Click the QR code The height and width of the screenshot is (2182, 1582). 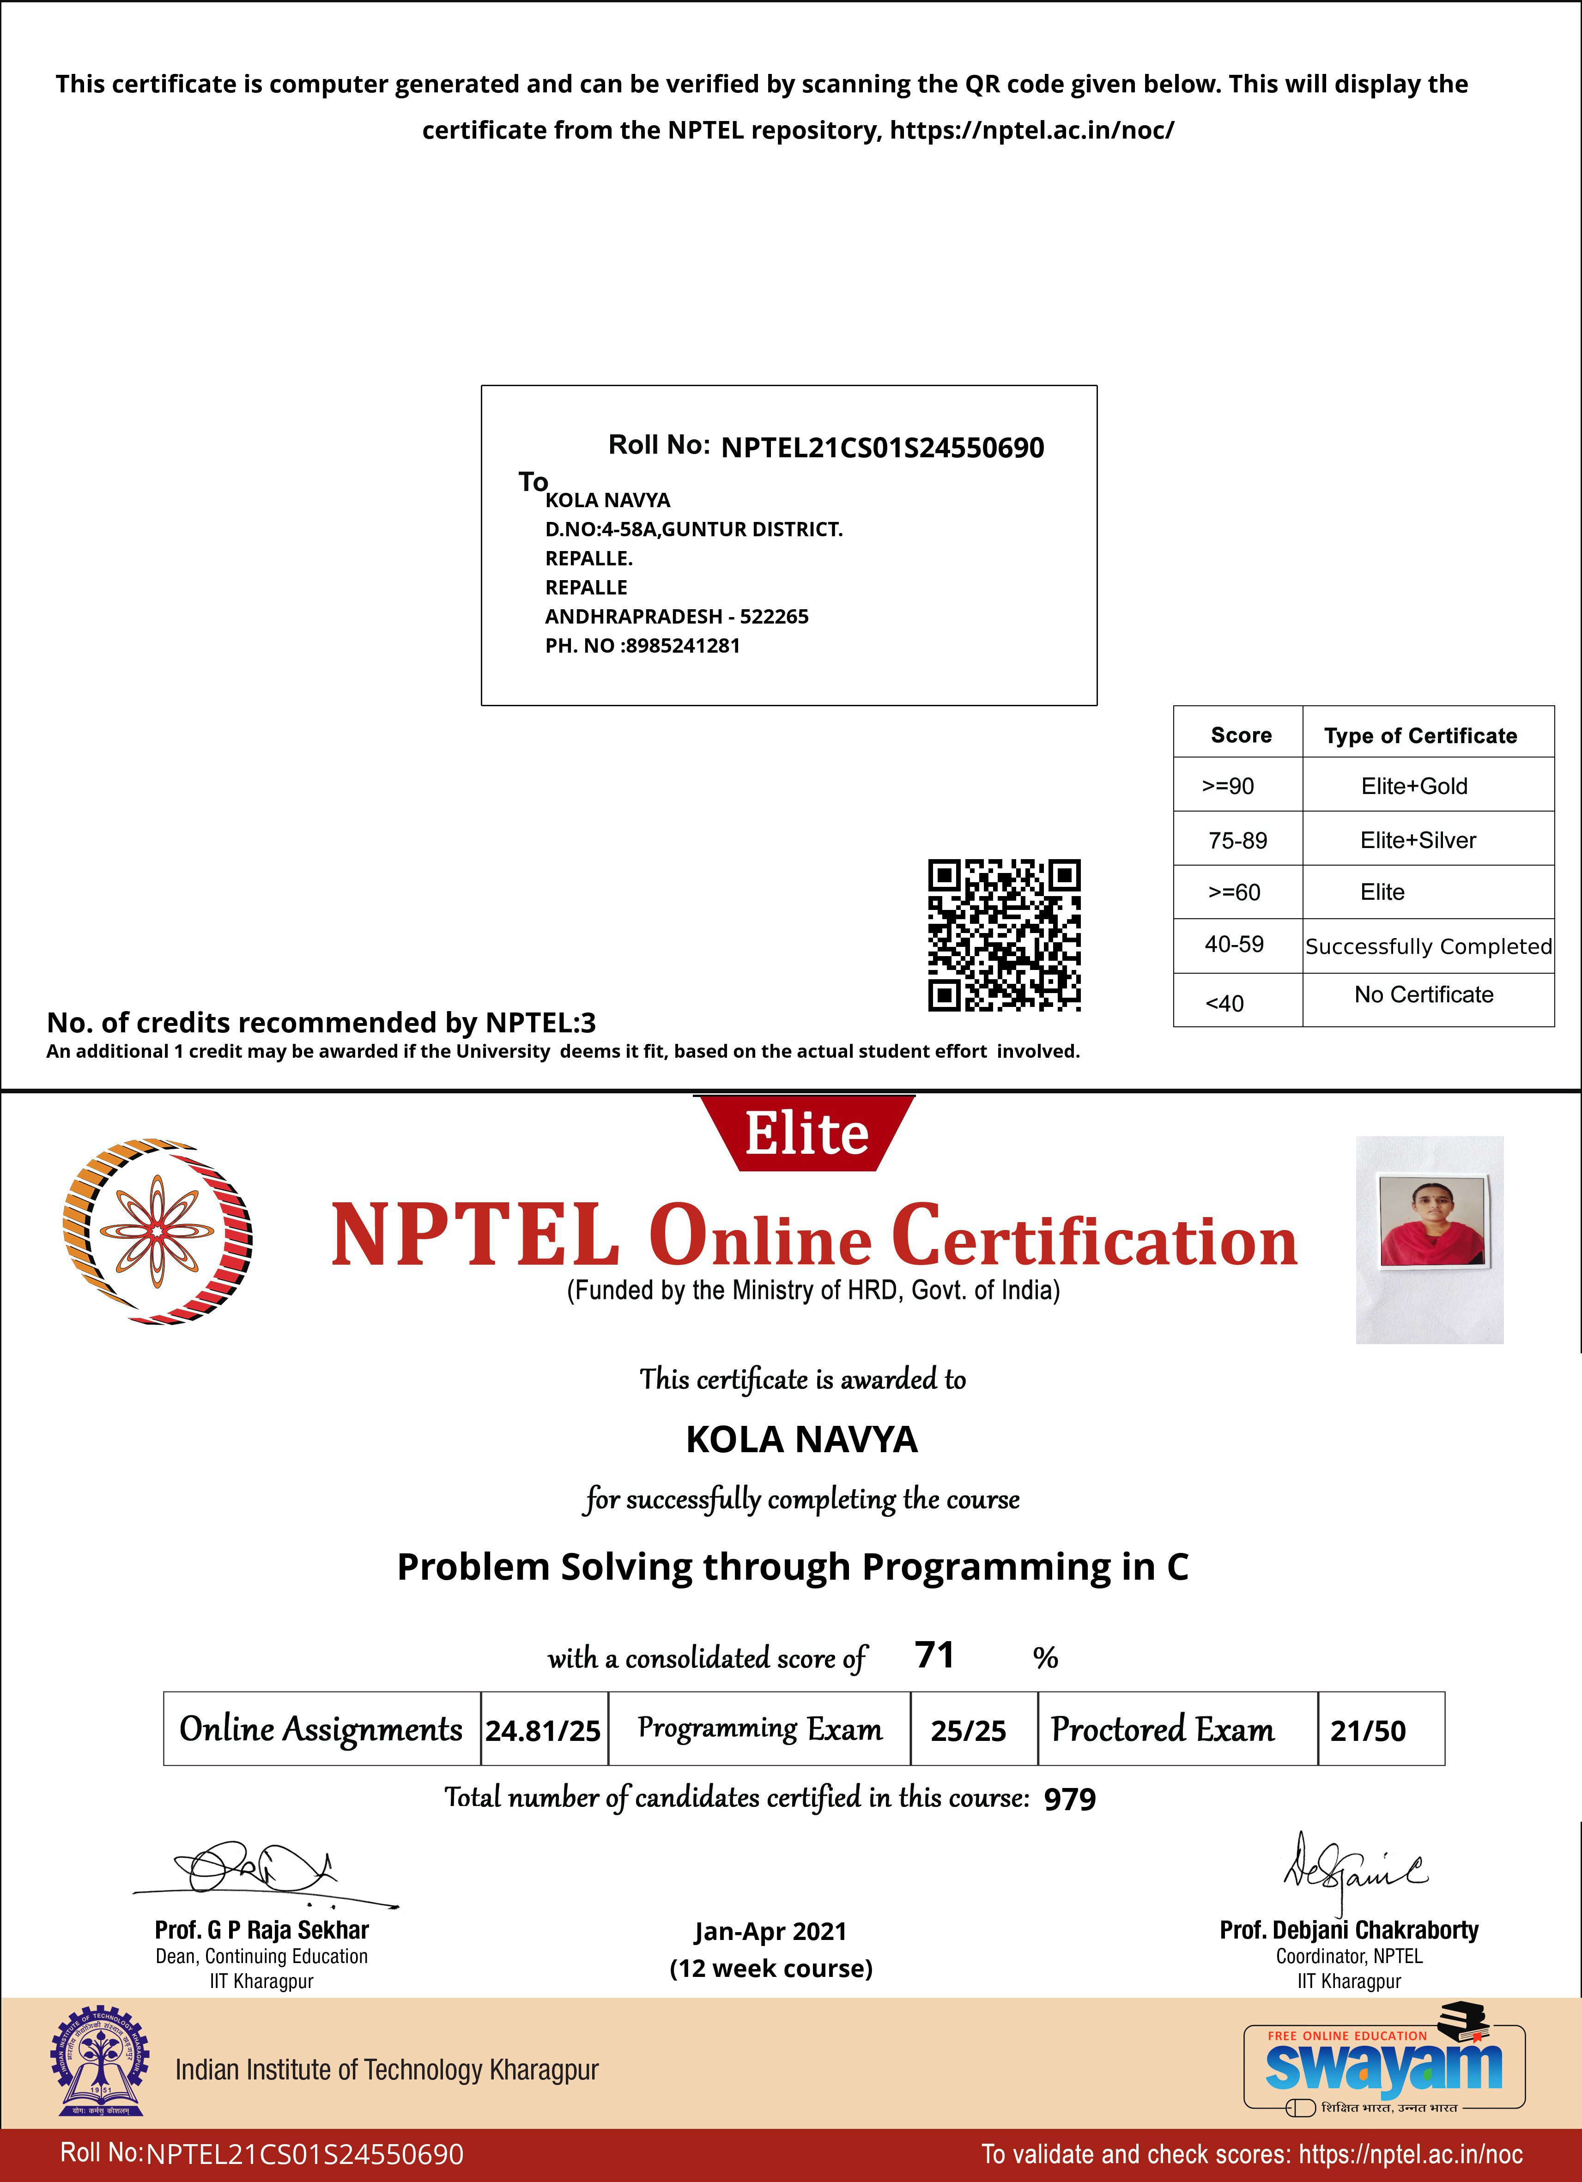click(1004, 935)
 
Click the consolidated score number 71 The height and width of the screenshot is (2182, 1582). click(934, 1655)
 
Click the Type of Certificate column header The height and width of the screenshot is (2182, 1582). click(1420, 736)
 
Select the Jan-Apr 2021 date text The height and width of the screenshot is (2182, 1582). click(770, 1931)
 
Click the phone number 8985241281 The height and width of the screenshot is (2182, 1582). click(682, 646)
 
